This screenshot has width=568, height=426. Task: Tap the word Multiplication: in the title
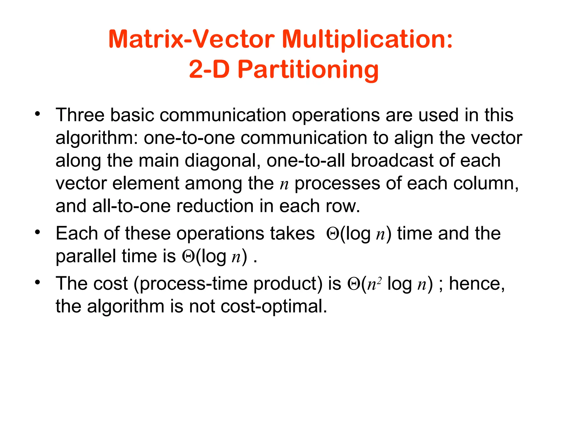point(367,39)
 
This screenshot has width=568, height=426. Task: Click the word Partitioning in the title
point(308,70)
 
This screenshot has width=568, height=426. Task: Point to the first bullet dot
point(38,113)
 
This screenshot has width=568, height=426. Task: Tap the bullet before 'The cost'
point(38,282)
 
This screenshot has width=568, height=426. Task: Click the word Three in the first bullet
point(80,115)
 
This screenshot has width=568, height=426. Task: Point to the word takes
point(292,233)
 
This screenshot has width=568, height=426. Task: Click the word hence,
point(477,284)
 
